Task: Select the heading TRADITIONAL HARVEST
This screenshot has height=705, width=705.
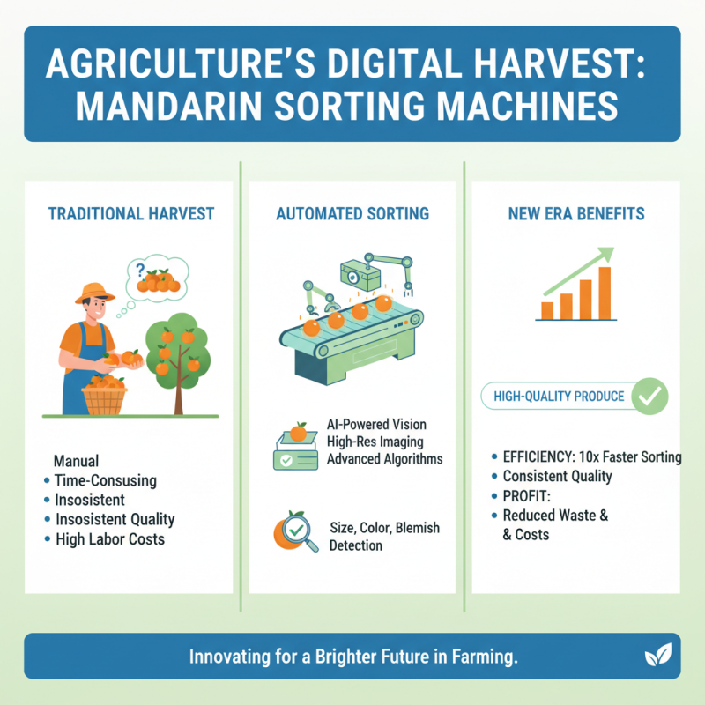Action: point(130,214)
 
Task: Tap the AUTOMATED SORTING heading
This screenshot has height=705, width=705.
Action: point(352,214)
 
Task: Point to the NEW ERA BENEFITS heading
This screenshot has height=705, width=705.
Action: point(575,214)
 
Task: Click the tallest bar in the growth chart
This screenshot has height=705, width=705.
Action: point(605,293)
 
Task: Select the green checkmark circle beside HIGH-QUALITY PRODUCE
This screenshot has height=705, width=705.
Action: point(650,397)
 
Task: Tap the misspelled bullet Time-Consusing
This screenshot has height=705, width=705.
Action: point(105,480)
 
